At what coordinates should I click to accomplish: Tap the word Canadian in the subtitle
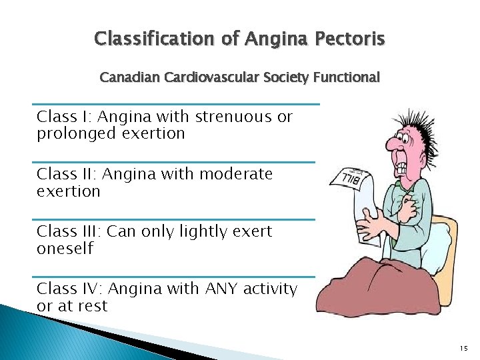pos(127,78)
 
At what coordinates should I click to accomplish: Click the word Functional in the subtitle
pos(347,78)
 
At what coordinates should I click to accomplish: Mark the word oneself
pos(65,249)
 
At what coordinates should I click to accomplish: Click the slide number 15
pos(464,348)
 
